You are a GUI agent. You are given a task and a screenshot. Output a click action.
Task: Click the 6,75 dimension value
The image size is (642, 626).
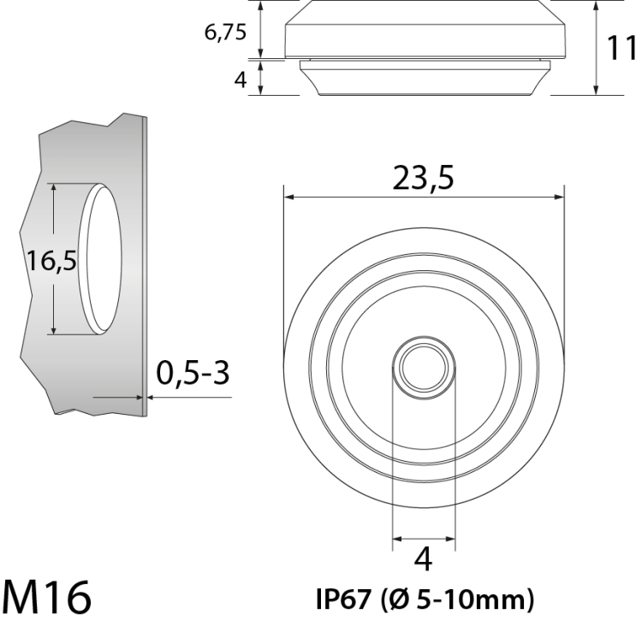tap(225, 32)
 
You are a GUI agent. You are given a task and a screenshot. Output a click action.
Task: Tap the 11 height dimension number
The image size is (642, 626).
tap(621, 47)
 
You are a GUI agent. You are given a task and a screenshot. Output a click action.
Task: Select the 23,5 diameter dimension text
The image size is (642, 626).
tap(423, 178)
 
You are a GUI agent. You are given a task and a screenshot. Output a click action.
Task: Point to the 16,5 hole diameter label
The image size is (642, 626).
tap(51, 261)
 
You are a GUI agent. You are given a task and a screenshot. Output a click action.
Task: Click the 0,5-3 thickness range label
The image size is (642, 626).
tap(193, 373)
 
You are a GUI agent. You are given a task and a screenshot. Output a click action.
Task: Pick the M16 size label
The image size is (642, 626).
tap(46, 597)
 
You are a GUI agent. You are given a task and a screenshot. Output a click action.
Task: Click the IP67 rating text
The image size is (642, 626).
tap(343, 599)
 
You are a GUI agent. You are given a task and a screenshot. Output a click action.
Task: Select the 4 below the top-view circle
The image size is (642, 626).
tap(424, 559)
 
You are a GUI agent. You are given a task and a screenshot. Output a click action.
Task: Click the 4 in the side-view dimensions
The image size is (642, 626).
tap(241, 80)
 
